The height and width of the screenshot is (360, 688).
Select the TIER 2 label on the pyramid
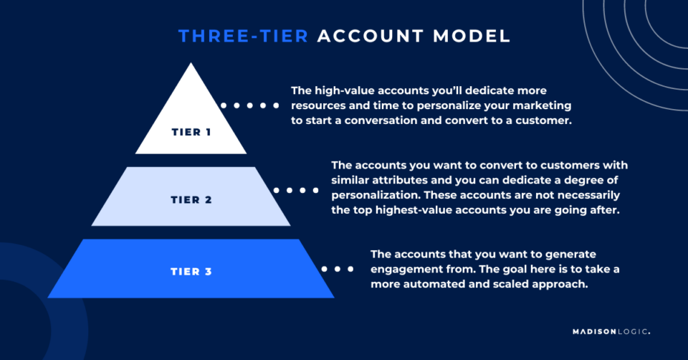[x=191, y=199]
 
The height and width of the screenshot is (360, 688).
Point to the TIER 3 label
[x=191, y=271]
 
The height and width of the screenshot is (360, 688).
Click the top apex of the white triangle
[x=191, y=65]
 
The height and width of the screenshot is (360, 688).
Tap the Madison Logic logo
[x=611, y=332]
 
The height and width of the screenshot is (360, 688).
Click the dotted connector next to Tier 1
[x=250, y=105]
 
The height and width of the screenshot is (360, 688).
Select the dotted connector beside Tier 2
[x=295, y=191]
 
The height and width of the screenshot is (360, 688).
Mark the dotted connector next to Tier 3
[x=338, y=269]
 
